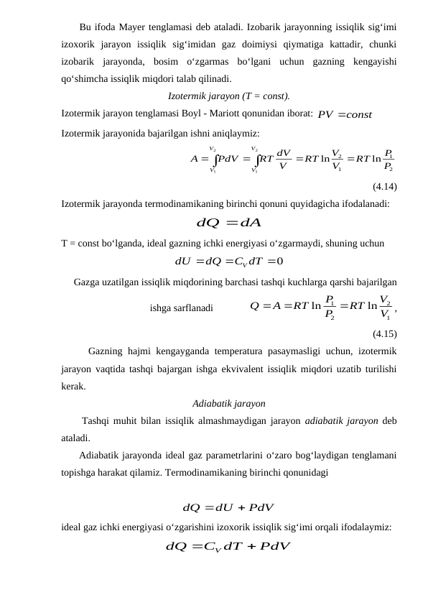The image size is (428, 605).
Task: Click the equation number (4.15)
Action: coord(385,333)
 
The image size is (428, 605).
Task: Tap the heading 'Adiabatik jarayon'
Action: coord(230,403)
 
